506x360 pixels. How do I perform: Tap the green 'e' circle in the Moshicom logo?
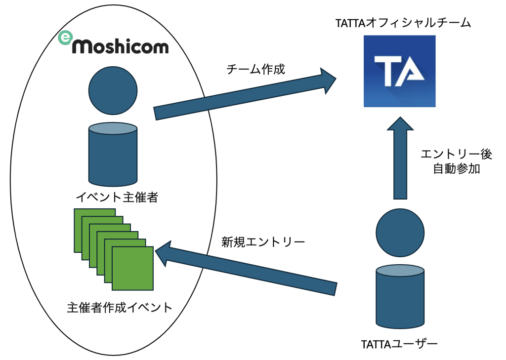point(65,38)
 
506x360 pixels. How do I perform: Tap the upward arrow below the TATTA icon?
point(400,158)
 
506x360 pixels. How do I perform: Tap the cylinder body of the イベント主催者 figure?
point(113,153)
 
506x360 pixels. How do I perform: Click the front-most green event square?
point(133,268)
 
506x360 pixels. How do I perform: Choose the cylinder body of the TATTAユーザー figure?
point(400,296)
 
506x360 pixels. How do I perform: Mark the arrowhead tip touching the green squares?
point(157,250)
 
